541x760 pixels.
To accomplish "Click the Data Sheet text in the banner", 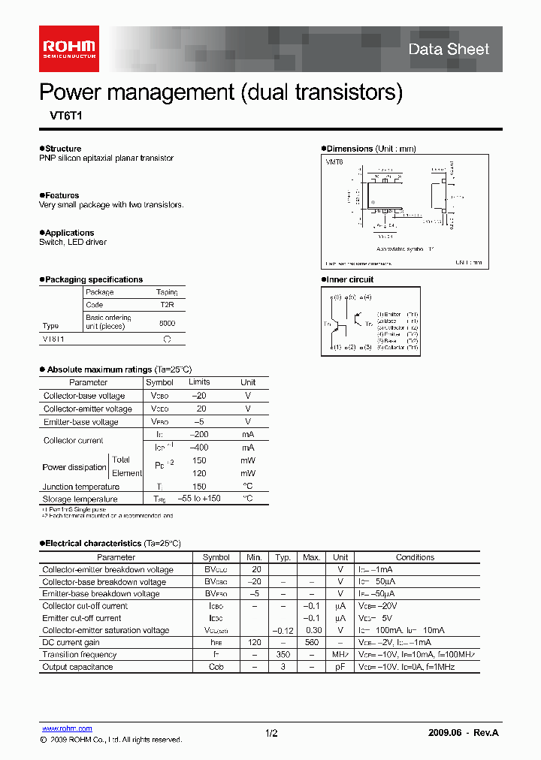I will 449,50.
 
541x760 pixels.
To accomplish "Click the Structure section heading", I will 62,149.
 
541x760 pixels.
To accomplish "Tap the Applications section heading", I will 68,233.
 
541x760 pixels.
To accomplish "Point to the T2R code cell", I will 167,306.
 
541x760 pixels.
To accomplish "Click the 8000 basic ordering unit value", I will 167,322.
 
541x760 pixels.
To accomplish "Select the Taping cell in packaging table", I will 167,292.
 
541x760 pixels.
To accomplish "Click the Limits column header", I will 199,382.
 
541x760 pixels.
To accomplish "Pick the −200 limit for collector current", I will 199,435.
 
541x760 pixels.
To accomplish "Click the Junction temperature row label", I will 80,487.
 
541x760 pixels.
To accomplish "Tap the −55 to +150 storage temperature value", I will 199,499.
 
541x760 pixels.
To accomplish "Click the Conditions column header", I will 415,557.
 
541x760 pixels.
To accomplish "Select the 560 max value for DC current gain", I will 311,643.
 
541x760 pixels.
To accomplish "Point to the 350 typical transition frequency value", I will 283,655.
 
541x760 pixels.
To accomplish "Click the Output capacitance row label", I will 77,667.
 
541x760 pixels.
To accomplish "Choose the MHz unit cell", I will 340,655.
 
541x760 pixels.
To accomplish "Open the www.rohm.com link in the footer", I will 67,728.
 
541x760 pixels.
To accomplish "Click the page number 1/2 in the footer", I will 271,733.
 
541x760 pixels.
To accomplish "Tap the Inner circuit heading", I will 349,279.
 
